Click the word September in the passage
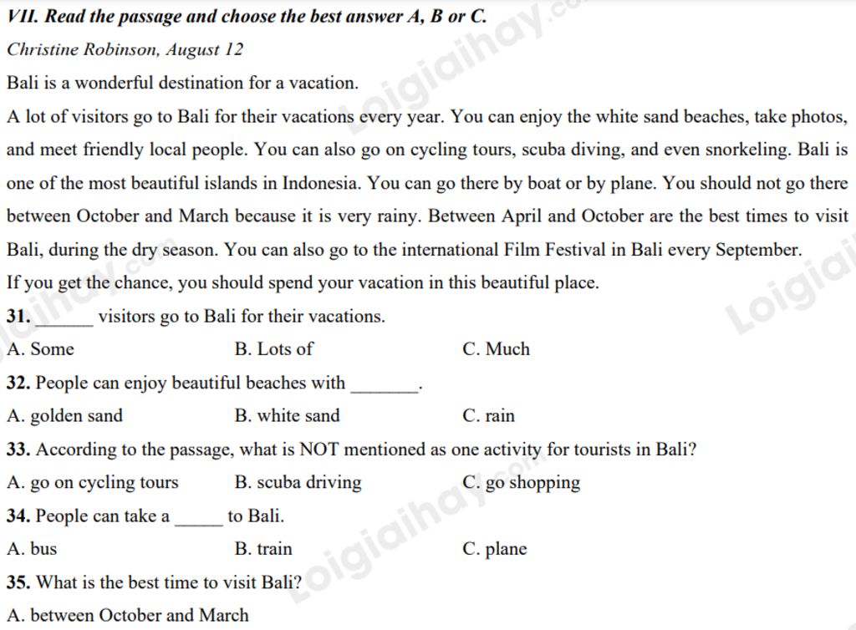[758, 250]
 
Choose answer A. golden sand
[64, 416]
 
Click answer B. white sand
[288, 416]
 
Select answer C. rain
[488, 416]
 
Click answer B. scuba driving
[298, 483]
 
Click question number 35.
[18, 582]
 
